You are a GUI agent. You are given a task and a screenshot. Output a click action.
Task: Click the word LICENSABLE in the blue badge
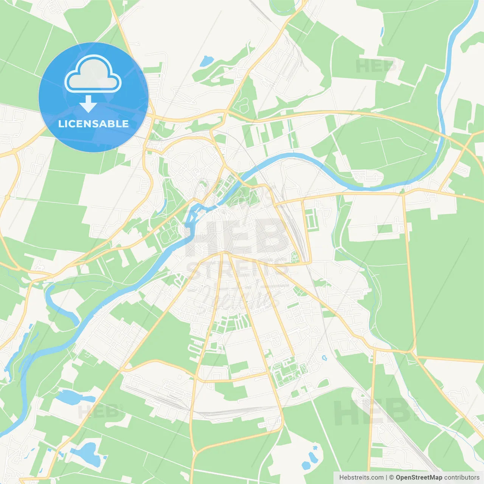point(93,124)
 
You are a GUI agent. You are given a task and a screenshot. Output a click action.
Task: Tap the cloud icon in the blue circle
point(93,74)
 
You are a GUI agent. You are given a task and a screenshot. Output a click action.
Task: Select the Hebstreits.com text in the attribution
point(361,478)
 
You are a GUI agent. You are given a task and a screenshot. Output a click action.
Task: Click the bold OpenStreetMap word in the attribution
point(419,478)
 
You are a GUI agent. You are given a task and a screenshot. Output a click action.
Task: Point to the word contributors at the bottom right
point(462,478)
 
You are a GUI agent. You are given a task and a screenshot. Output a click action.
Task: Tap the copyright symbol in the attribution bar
point(391,478)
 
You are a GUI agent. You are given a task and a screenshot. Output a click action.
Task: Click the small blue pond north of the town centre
point(206,60)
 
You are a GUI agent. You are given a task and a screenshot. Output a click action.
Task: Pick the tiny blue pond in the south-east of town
point(324,357)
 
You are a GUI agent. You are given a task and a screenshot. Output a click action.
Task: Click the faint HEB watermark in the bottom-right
point(372,412)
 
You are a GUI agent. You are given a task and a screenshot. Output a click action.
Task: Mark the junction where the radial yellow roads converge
point(225,253)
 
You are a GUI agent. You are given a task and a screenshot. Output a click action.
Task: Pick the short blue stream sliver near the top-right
point(382,32)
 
